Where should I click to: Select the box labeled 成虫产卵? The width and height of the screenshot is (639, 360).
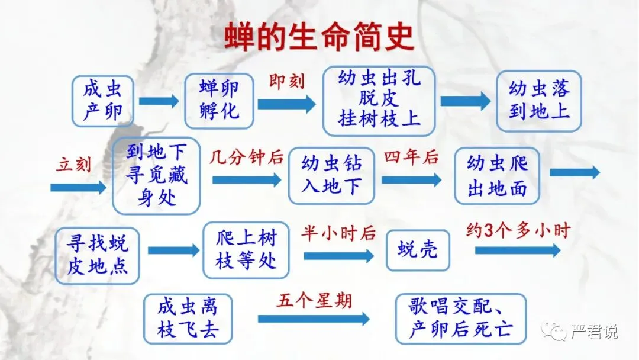point(103,101)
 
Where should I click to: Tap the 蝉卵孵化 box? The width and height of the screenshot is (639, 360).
point(219,101)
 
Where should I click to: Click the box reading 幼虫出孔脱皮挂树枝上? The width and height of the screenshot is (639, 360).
point(379,101)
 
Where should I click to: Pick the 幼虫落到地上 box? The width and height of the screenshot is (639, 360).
point(538,101)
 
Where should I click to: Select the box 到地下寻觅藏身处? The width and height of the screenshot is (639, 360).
point(156,176)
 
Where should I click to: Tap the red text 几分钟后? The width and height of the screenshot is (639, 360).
point(246,157)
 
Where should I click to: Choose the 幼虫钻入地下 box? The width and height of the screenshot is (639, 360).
point(331,176)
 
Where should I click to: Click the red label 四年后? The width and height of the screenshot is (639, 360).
point(411,157)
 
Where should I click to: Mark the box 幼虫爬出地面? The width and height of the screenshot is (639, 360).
point(497,176)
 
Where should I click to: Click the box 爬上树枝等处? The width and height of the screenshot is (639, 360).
point(246,250)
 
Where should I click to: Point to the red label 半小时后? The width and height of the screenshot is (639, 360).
point(338,233)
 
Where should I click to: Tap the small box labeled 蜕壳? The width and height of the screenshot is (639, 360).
point(418,250)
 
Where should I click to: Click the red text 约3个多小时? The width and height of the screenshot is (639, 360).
point(517,231)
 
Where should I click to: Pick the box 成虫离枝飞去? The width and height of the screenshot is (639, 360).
point(188,319)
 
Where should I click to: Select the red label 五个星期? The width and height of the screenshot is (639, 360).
point(314,301)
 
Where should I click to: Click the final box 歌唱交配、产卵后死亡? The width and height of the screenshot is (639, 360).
point(460,319)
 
